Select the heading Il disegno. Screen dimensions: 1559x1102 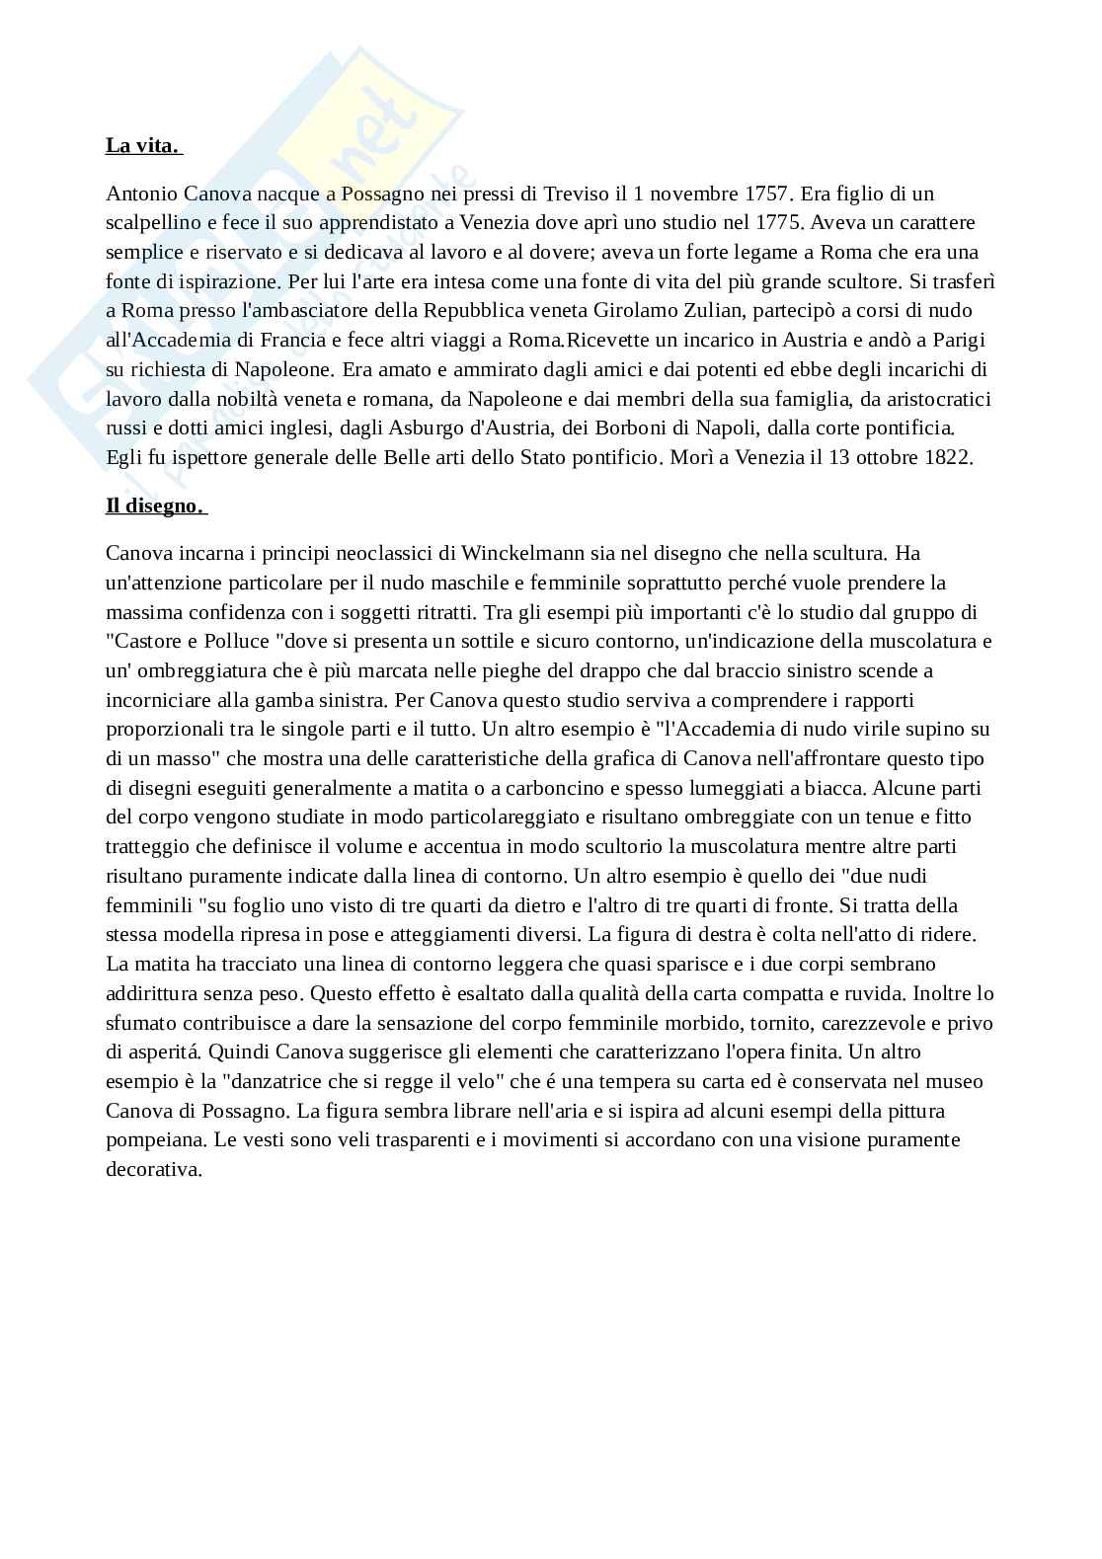[155, 507]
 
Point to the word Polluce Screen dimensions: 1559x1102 [233, 641]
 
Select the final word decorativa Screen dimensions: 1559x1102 [153, 1170]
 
